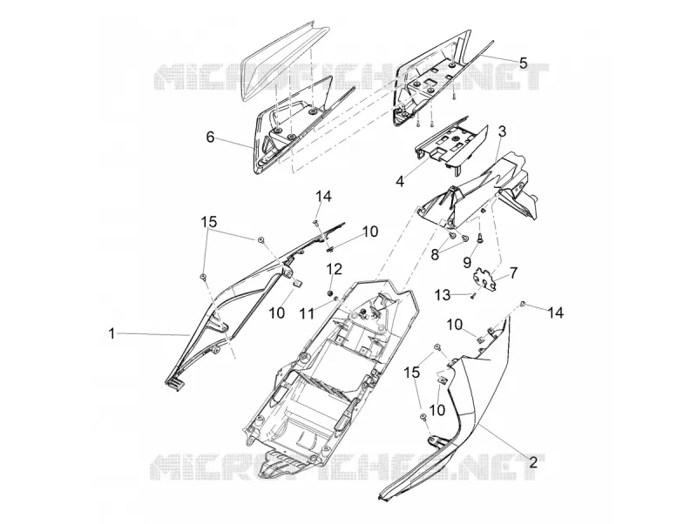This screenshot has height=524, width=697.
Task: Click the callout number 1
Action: click(112, 333)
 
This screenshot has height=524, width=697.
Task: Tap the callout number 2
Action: click(533, 462)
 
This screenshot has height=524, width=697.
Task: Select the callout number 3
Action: click(502, 131)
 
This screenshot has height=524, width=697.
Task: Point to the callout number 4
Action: click(400, 182)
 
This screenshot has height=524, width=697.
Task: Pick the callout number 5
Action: click(523, 63)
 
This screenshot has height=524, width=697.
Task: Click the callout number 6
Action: click(210, 137)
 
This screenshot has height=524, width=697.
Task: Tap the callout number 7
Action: click(513, 272)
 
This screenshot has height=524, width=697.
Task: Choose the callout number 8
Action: click(435, 254)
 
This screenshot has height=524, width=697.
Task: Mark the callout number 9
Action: click(467, 263)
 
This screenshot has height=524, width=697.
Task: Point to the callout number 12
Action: click(335, 269)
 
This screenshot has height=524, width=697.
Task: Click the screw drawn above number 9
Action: click(481, 238)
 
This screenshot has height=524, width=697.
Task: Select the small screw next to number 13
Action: click(473, 297)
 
